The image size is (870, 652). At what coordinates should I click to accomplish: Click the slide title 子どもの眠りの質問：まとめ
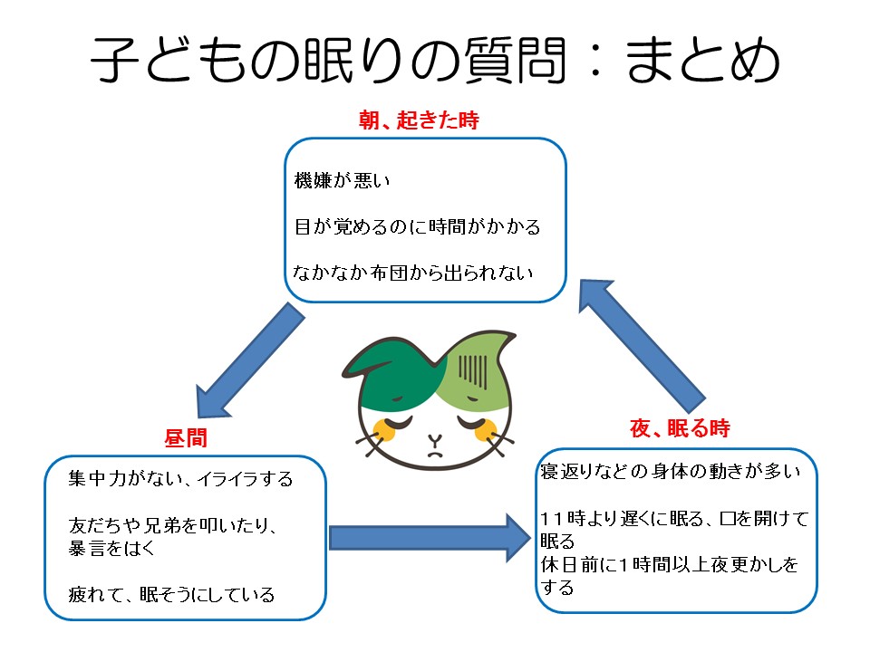(x=435, y=61)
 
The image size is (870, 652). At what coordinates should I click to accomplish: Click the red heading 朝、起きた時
(x=418, y=120)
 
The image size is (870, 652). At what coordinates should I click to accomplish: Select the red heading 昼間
(x=186, y=438)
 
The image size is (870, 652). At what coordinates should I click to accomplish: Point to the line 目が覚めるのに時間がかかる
(x=417, y=226)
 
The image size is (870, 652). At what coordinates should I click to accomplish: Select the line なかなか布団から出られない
(x=413, y=272)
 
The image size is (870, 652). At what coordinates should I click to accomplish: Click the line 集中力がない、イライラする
(x=181, y=478)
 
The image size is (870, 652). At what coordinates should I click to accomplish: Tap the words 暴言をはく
(x=113, y=548)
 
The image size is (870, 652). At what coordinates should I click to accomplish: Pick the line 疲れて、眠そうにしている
(x=171, y=595)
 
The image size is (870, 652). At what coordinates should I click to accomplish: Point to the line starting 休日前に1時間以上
(x=671, y=566)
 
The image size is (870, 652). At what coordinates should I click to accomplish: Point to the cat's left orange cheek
(x=384, y=429)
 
